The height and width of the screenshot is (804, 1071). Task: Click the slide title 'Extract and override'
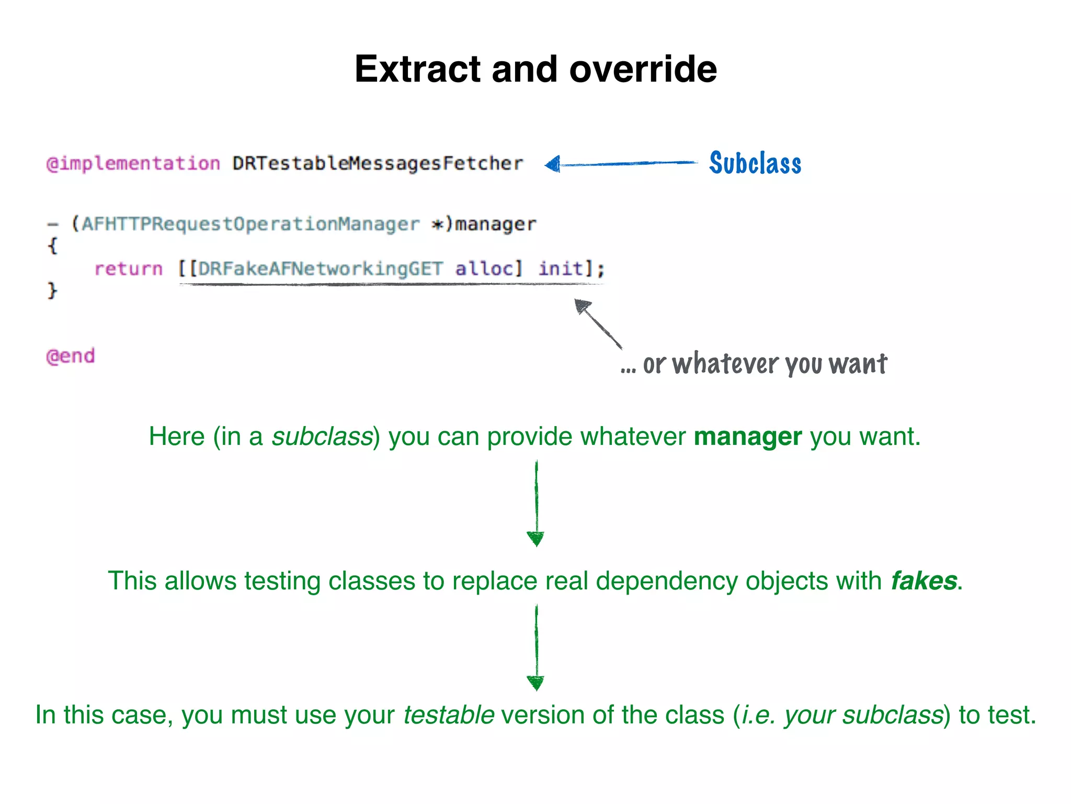pyautogui.click(x=535, y=69)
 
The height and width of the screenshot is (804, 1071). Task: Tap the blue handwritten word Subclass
pyautogui.click(x=755, y=163)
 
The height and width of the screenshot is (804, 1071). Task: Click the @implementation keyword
pyautogui.click(x=133, y=164)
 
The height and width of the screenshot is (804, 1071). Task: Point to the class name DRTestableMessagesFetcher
pyautogui.click(x=378, y=164)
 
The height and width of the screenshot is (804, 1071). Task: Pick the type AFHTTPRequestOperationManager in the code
pyautogui.click(x=250, y=224)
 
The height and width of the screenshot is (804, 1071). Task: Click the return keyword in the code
pyautogui.click(x=129, y=269)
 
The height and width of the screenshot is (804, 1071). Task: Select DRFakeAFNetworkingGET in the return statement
pyautogui.click(x=321, y=269)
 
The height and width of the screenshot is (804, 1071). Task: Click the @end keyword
pyautogui.click(x=71, y=356)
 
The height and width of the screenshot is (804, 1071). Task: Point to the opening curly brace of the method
pyautogui.click(x=52, y=245)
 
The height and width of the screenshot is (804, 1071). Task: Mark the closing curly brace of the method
pyautogui.click(x=52, y=290)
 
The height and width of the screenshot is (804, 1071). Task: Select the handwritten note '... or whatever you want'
pyautogui.click(x=754, y=364)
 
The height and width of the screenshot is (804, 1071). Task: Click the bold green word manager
pyautogui.click(x=747, y=436)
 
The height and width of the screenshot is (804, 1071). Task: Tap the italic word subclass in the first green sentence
pyautogui.click(x=322, y=436)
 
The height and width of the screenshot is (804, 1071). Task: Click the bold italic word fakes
pyautogui.click(x=924, y=580)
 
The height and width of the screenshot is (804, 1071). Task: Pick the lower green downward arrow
pyautogui.click(x=536, y=647)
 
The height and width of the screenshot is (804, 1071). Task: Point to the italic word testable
pyautogui.click(x=449, y=715)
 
